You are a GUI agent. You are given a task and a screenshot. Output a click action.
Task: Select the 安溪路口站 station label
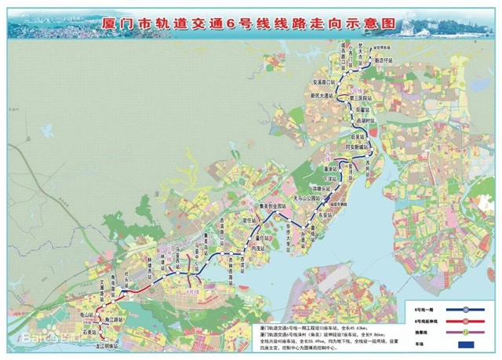pyautogui.click(x=325, y=82)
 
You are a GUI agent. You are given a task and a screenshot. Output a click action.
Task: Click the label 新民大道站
pyautogui.click(x=323, y=96)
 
